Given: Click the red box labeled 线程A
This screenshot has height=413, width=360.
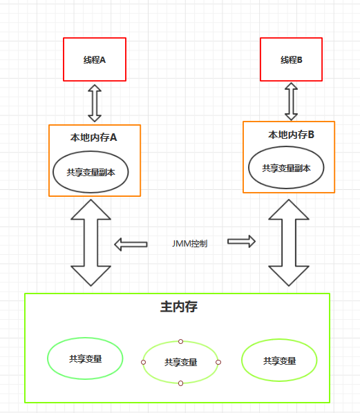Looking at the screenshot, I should (x=95, y=59).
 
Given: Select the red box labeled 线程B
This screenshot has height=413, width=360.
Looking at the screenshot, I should (x=291, y=59).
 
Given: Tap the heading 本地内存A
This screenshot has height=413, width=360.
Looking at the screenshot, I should (x=95, y=137).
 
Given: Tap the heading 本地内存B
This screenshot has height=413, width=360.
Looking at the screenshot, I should (x=291, y=134).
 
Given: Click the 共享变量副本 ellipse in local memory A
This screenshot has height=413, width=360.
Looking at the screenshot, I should (x=91, y=172).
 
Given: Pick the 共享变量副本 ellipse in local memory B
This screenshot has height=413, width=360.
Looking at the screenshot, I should (x=286, y=168).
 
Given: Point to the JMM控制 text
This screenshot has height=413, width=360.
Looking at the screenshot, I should (x=189, y=244).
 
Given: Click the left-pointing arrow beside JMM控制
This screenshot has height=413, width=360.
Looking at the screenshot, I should (x=131, y=244).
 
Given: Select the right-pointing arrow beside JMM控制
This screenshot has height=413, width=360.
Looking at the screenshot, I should (x=242, y=241).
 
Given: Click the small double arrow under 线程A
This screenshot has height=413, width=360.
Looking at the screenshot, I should (x=95, y=103).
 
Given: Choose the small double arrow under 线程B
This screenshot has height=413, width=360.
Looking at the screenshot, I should (x=291, y=102).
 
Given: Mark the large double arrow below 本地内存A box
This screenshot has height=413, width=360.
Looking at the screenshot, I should (x=91, y=242).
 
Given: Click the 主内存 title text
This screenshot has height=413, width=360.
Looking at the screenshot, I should (x=178, y=307).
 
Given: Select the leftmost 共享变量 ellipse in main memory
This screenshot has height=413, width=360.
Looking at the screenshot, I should (x=85, y=359).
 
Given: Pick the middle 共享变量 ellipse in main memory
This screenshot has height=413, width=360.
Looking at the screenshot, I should (x=180, y=362).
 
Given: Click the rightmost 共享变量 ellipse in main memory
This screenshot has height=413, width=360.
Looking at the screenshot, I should (x=279, y=361).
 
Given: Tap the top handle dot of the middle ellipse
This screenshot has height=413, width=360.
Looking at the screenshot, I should (x=180, y=341).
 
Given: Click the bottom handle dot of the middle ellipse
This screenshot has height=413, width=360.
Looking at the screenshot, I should (x=180, y=383).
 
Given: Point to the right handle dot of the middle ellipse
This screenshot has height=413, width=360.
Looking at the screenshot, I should (x=218, y=362).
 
